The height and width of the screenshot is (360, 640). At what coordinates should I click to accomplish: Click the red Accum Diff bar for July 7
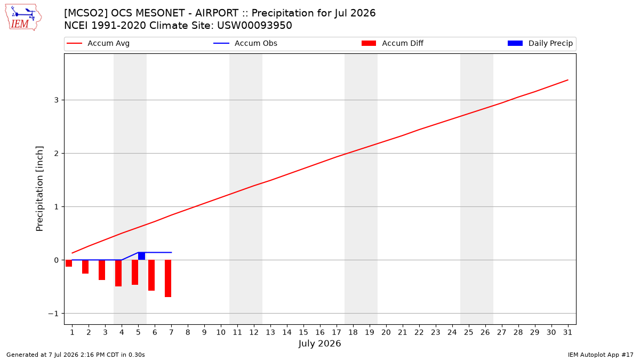pyautogui.click(x=168, y=278)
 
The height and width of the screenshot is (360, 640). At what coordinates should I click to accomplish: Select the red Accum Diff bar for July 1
pyautogui.click(x=69, y=263)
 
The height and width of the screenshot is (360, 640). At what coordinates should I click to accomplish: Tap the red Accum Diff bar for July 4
pyautogui.click(x=118, y=273)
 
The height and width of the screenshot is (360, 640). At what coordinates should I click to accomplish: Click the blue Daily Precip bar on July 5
pyautogui.click(x=141, y=256)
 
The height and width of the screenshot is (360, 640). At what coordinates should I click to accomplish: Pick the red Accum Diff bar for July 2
pyautogui.click(x=85, y=267)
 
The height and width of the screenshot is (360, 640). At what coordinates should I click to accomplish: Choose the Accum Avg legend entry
pyautogui.click(x=98, y=43)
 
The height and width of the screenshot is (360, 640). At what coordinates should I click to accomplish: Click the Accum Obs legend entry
pyautogui.click(x=245, y=43)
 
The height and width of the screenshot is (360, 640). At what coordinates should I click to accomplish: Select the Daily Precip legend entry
pyautogui.click(x=540, y=43)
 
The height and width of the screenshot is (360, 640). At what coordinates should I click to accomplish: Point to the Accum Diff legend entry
pyautogui.click(x=393, y=43)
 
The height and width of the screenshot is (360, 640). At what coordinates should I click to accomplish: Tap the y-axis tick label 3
pyautogui.click(x=57, y=100)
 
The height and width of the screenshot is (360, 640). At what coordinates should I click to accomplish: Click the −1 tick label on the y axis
pyautogui.click(x=53, y=314)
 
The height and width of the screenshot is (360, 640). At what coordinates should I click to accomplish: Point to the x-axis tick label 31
pyautogui.click(x=567, y=332)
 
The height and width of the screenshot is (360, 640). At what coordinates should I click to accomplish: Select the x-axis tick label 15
pyautogui.click(x=303, y=332)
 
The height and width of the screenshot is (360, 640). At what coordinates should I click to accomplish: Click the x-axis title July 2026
pyautogui.click(x=319, y=343)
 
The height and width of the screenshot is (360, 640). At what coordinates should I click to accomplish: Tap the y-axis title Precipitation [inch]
pyautogui.click(x=39, y=189)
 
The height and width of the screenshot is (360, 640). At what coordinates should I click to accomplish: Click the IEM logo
pyautogui.click(x=23, y=18)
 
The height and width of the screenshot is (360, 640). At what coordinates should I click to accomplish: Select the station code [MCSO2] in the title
pyautogui.click(x=86, y=13)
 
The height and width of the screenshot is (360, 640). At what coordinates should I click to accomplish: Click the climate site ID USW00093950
pyautogui.click(x=254, y=26)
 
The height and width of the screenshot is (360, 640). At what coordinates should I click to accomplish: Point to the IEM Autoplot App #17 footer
pyautogui.click(x=601, y=355)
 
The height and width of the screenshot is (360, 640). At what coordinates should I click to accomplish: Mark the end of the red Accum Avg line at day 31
pyautogui.click(x=568, y=80)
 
